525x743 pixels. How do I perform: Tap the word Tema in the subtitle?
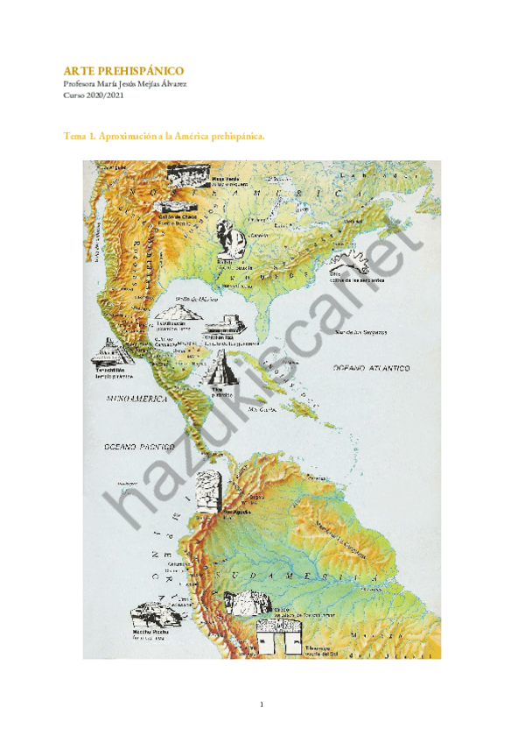[74, 136]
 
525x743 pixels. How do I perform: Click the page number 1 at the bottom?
[262, 704]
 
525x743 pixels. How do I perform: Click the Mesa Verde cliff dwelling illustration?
[189, 173]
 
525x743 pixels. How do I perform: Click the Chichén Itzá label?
[219, 336]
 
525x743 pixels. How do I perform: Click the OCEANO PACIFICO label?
[130, 447]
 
